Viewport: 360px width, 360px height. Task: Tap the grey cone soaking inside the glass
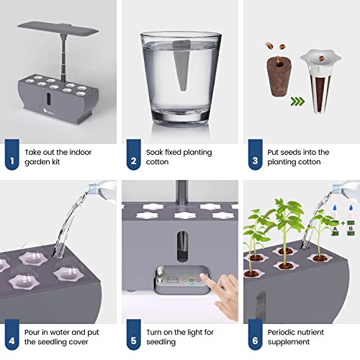click(x=178, y=80)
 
